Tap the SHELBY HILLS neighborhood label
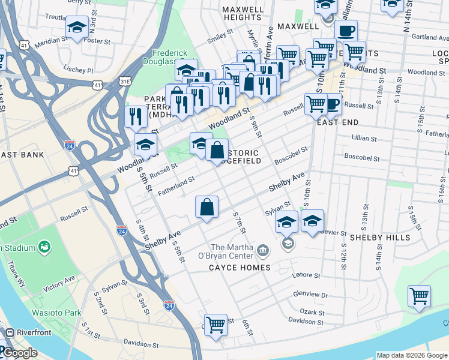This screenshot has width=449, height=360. [380, 237]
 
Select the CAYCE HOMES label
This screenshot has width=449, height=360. [240, 267]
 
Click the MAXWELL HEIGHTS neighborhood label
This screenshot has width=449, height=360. [242, 14]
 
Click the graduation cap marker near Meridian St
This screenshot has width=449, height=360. [77, 27]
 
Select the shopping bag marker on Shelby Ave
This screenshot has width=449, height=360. [206, 208]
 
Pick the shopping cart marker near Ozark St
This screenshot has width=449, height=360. [419, 296]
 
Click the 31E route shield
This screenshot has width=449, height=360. [125, 80]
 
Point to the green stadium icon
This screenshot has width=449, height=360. [44, 246]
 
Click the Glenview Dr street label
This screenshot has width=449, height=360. [310, 295]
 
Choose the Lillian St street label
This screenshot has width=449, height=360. [364, 138]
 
